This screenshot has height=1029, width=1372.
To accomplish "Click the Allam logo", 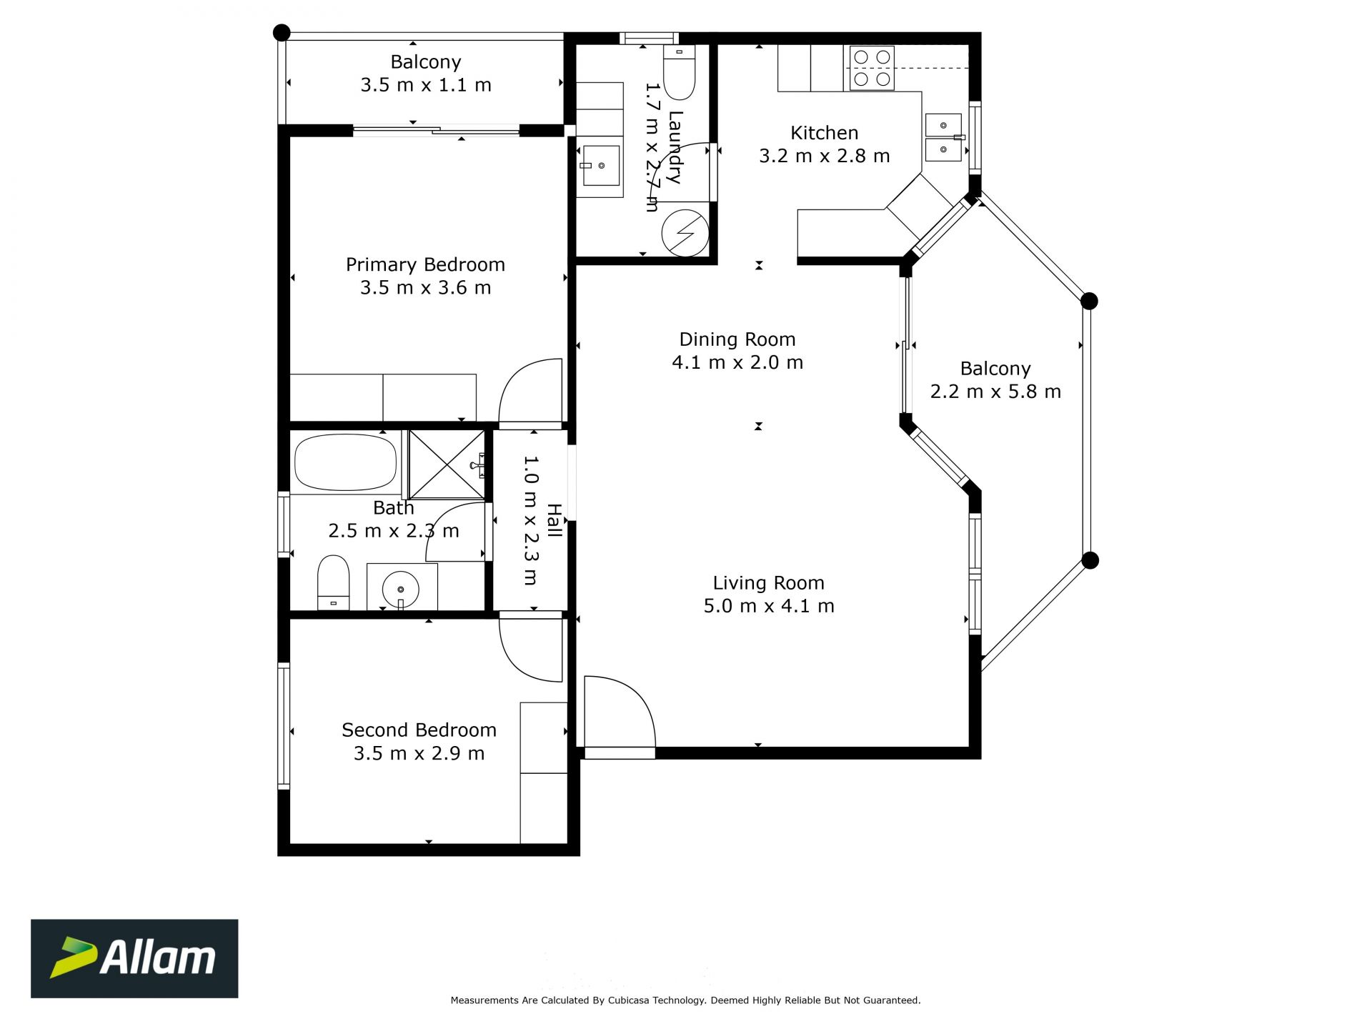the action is point(134,958).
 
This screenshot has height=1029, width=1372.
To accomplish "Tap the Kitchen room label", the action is point(824,133).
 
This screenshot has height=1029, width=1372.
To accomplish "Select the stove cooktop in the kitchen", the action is point(872,68).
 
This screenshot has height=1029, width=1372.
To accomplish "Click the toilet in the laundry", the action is point(679,71).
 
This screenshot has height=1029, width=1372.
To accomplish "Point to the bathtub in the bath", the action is point(345,462).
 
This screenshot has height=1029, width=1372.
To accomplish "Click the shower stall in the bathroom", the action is point(447,464).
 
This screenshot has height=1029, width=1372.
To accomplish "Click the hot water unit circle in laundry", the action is point(685,233).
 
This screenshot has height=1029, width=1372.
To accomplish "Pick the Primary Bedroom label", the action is point(425,265).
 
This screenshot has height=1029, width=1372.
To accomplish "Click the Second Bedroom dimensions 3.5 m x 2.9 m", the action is point(419,753).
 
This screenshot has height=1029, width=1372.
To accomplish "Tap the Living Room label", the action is point(768,583).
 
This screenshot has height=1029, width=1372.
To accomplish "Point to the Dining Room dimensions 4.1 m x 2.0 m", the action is point(737,362).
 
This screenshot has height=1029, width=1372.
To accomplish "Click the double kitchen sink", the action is point(943,137).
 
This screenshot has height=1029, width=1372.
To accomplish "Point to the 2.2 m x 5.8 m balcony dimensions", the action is point(995,392).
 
